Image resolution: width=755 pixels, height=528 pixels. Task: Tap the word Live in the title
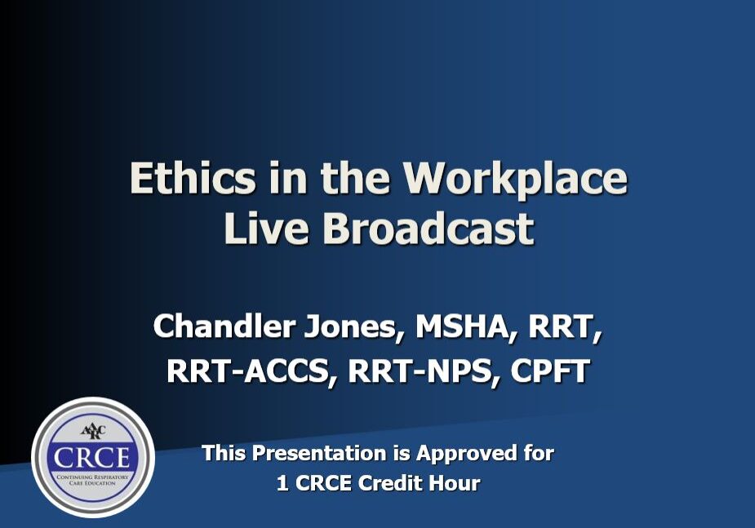click(266, 228)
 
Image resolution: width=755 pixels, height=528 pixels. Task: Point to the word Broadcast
click(428, 228)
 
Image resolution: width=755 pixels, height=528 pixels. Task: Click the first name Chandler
click(224, 326)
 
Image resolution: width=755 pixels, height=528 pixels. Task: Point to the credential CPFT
click(550, 371)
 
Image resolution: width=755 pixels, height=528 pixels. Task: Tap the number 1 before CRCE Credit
click(282, 483)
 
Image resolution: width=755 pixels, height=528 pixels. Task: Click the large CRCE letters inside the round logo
click(91, 458)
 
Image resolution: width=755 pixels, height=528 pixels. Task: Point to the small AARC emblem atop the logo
click(92, 431)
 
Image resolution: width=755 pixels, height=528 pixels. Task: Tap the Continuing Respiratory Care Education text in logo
click(92, 480)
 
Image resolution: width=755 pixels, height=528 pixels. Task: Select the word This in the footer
click(224, 453)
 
